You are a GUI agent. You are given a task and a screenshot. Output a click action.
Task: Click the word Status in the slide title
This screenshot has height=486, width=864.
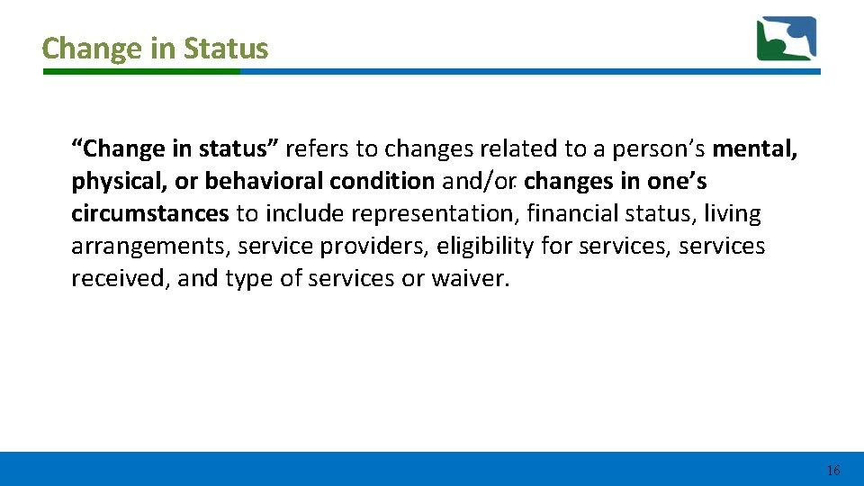coord(226,48)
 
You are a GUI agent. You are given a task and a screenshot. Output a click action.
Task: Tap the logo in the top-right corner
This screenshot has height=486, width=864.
coord(786,39)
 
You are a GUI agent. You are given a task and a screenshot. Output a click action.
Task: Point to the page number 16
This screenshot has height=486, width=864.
coord(832,470)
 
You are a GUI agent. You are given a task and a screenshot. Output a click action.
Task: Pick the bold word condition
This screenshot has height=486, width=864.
coord(382,181)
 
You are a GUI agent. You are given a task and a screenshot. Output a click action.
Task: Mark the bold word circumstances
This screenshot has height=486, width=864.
coord(150,213)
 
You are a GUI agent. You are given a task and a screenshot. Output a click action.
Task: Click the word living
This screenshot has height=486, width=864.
coord(733,213)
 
